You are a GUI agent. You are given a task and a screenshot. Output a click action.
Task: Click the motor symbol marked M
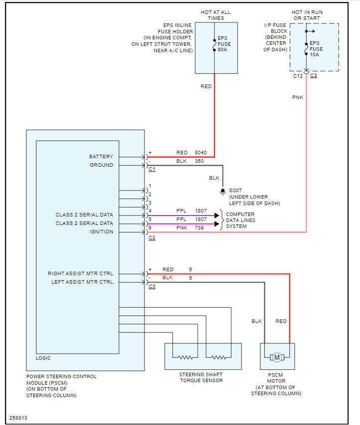click(x=277, y=357)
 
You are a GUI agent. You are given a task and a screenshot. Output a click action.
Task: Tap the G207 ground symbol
click(x=223, y=192)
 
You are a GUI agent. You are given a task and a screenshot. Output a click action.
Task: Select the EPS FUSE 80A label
click(x=224, y=44)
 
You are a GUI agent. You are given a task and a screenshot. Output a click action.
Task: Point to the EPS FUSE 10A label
click(x=316, y=49)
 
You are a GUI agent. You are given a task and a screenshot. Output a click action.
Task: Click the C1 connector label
click(x=152, y=169)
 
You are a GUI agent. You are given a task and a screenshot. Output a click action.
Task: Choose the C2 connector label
click(x=152, y=238)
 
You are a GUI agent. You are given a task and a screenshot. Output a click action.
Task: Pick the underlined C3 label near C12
click(x=313, y=76)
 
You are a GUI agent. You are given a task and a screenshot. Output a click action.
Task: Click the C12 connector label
click(x=298, y=76)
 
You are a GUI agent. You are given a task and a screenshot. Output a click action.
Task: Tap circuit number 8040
click(x=201, y=153)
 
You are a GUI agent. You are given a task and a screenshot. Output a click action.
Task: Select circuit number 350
click(x=199, y=161)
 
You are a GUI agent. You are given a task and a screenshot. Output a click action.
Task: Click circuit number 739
click(x=199, y=228)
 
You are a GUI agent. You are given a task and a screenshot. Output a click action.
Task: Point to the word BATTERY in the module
click(x=101, y=156)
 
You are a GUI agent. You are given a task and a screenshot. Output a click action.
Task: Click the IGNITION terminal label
click(x=101, y=232)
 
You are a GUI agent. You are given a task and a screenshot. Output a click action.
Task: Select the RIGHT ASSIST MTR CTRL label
click(x=80, y=274)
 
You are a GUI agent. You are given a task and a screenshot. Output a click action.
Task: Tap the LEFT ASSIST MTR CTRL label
click(x=82, y=282)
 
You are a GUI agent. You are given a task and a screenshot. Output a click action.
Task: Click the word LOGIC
click(x=43, y=358)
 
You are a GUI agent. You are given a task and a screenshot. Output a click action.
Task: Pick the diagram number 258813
click(x=18, y=418)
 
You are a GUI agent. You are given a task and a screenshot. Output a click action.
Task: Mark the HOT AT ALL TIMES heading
click(x=216, y=15)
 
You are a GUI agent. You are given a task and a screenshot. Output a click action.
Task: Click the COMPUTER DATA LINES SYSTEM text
click(x=240, y=220)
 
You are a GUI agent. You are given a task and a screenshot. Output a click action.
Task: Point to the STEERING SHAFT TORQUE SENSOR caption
click(x=201, y=377)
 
